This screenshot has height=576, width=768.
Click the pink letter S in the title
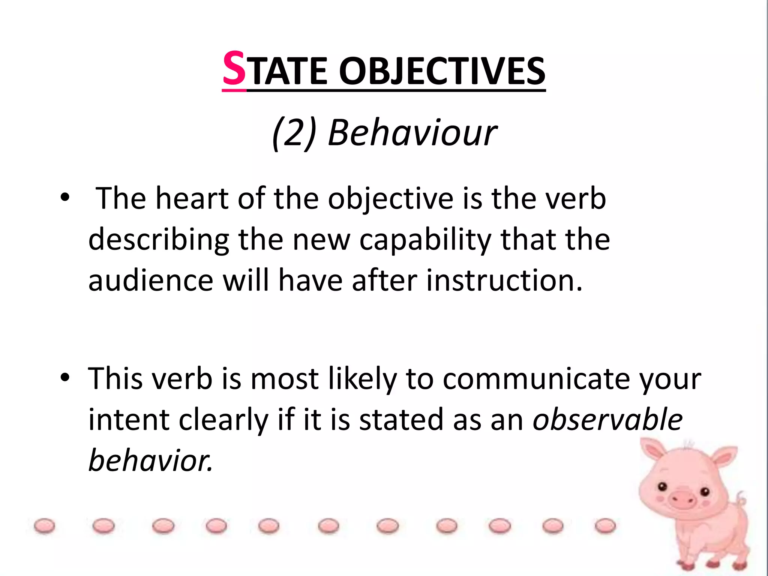click(234, 69)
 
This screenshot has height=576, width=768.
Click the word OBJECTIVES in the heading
click(442, 71)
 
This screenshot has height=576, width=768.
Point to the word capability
click(425, 240)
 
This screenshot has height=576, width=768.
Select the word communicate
click(536, 379)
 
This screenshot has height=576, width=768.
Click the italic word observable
click(607, 420)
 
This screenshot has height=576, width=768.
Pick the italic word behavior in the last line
click(150, 460)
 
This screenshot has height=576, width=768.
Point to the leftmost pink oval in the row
click(44, 526)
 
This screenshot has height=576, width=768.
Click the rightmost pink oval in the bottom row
click(605, 525)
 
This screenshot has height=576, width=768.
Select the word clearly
click(223, 420)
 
